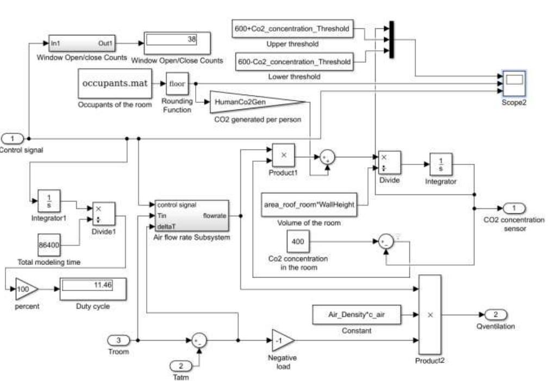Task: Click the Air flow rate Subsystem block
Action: coord(192,216)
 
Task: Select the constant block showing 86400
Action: coord(48,244)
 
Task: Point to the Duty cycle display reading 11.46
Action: coord(93,288)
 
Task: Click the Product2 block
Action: coord(429,315)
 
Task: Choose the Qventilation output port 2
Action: coord(495,315)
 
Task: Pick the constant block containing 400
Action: coord(297,241)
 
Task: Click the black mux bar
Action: coord(391,38)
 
